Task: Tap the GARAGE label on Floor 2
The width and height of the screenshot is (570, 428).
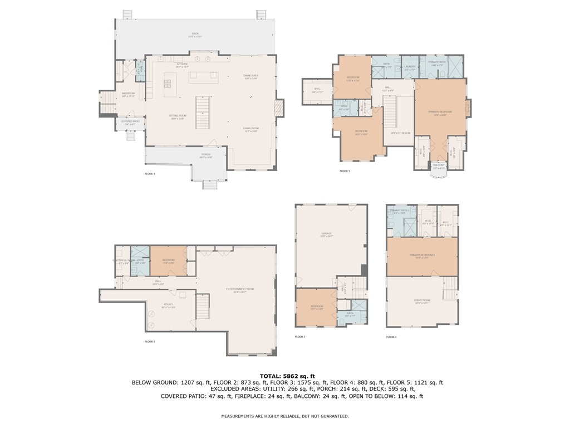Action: [x=326, y=234]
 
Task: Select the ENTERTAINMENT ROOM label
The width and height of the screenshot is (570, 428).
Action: [x=239, y=289]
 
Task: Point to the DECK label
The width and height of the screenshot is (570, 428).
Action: [x=195, y=35]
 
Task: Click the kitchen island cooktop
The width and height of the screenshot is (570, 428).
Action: [x=166, y=85]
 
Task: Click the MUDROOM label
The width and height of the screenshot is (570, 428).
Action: [x=128, y=94]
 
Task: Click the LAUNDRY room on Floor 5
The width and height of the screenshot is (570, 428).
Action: [x=410, y=67]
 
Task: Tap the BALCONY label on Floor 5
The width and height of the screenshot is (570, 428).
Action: [x=439, y=166]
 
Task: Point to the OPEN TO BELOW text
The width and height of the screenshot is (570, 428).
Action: [x=400, y=133]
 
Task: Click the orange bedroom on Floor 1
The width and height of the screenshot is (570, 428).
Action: [x=169, y=260]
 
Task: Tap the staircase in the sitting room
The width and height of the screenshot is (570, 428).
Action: [x=203, y=111]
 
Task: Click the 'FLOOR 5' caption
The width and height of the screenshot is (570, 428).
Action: [x=345, y=171]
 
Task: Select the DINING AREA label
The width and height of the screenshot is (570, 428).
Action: [x=250, y=76]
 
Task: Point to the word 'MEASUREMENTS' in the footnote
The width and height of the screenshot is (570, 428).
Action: [x=238, y=416]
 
